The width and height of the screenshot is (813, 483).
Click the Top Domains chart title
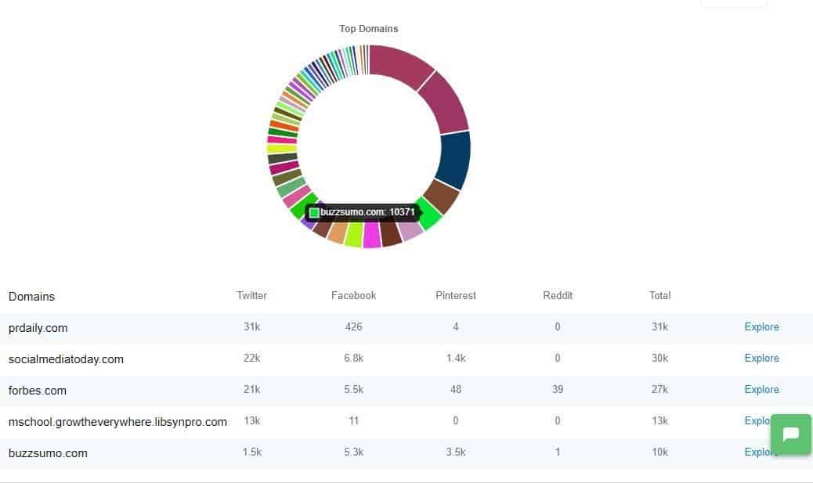368,29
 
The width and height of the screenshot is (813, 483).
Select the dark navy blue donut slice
454,160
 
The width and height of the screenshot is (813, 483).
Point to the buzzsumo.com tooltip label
365,212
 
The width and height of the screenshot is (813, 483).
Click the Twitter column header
251,295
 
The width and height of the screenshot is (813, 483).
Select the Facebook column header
353,295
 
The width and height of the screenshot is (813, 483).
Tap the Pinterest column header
456,295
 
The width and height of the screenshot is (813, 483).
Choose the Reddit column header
558,295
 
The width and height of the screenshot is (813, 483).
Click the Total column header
659,295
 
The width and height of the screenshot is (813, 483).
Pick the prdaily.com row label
38,328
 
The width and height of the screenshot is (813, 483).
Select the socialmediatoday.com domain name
66,359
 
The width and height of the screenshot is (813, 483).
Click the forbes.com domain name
38,391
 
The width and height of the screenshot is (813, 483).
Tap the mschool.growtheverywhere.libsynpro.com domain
117,422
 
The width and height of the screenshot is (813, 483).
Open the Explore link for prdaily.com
761,327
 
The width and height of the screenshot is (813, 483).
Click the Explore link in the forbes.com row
761,390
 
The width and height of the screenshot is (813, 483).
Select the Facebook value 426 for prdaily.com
353,327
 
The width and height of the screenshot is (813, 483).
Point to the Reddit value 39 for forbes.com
558,390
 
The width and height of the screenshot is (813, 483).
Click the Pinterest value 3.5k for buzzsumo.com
456,452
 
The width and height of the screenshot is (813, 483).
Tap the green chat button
790,434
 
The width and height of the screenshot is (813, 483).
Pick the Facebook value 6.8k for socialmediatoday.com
353,359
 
